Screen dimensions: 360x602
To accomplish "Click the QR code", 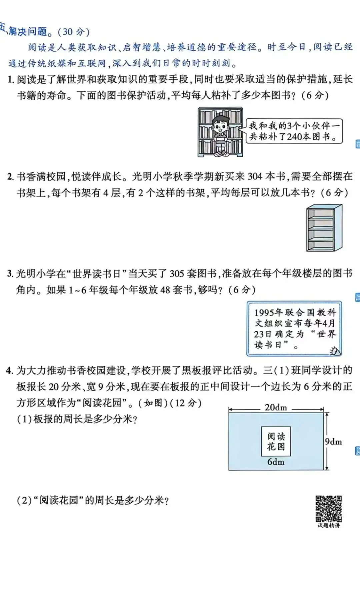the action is pos(329,509).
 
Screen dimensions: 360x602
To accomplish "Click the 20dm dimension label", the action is pos(276,408).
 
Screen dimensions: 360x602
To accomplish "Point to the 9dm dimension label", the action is pos(333,442).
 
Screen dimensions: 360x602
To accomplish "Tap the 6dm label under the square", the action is pos(276,462).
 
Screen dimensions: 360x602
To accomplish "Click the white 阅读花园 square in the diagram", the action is pos(276,441).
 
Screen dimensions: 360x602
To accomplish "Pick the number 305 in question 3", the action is pos(177,273).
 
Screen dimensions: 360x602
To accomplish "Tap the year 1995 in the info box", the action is pos(264,313).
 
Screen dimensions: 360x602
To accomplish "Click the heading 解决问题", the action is pos(28,31).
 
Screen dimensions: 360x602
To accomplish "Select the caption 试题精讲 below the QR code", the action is pos(329,526).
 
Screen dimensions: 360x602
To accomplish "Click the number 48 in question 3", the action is pos(165,289).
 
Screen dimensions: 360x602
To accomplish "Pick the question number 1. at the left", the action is pos(10,79).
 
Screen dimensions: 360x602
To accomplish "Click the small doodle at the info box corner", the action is pos(334,351).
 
